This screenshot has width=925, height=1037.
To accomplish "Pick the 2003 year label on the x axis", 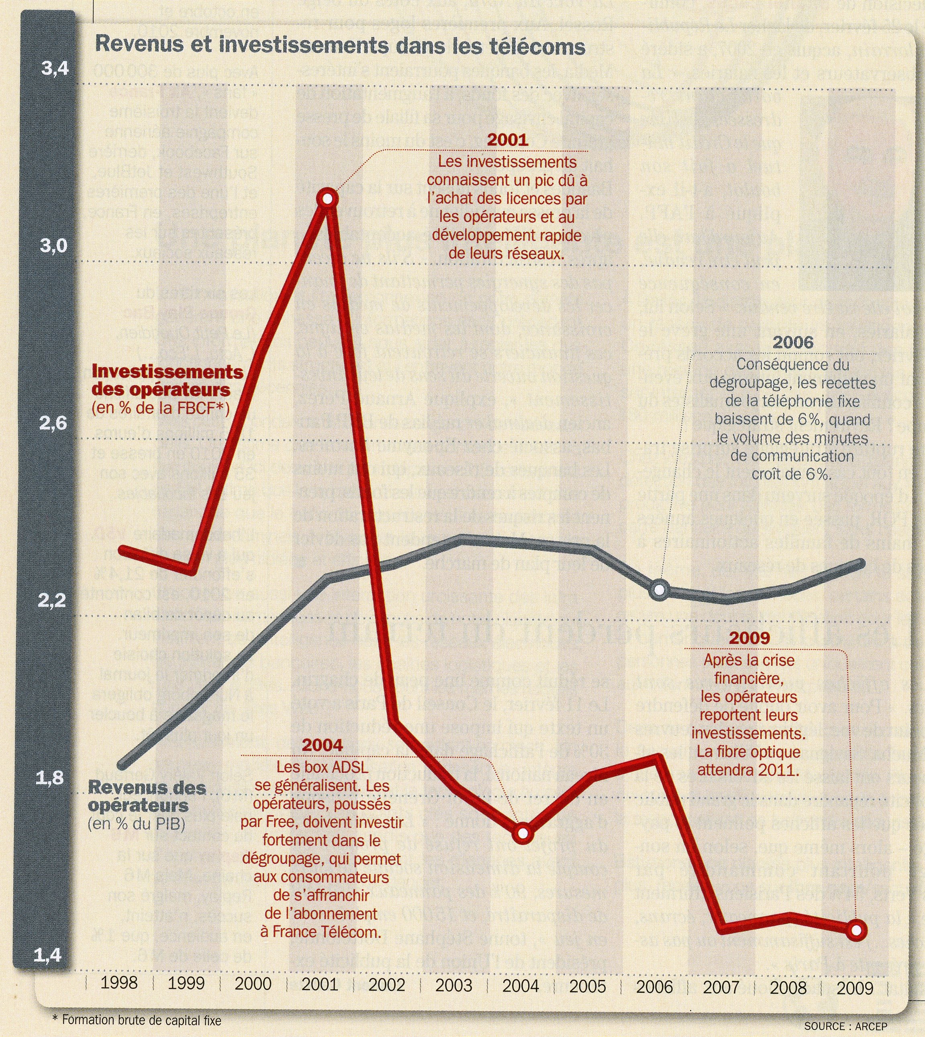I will coord(454,985).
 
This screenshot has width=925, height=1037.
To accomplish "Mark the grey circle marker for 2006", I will coord(659,589).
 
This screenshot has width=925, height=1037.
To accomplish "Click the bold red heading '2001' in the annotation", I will coord(508,140).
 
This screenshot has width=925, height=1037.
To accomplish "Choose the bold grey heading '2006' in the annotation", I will coord(793,342).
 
